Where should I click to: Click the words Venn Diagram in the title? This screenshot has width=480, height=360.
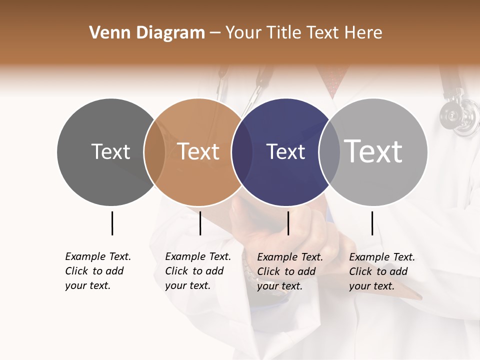[x=147, y=33]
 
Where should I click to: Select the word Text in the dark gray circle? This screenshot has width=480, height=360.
[x=110, y=151]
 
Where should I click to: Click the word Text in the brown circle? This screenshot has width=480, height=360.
[x=198, y=151]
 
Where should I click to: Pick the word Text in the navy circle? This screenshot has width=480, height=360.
[x=285, y=151]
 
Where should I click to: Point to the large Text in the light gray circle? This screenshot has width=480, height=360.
[x=373, y=151]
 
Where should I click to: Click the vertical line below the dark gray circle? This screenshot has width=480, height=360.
[x=112, y=223]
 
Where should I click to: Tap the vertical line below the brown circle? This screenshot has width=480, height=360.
[x=200, y=223]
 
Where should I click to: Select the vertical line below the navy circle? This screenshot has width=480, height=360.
[x=288, y=223]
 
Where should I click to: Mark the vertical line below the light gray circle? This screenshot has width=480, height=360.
[x=372, y=223]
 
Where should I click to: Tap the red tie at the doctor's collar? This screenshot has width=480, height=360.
[x=333, y=77]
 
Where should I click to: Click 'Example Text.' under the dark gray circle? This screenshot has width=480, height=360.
[x=98, y=256]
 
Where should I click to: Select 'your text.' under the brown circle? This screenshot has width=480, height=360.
[x=187, y=285]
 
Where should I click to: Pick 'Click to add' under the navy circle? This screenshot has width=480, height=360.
[x=286, y=271]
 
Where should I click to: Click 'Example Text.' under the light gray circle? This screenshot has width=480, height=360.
[x=382, y=257]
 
